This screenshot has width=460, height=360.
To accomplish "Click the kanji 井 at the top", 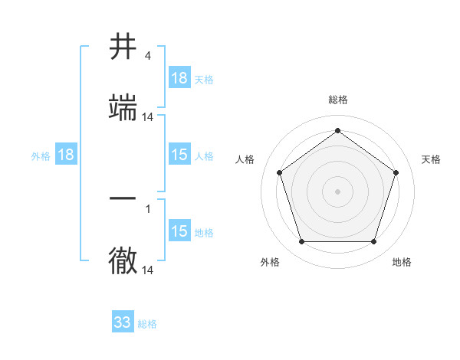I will (124, 47).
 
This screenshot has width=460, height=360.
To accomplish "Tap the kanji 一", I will (124, 198).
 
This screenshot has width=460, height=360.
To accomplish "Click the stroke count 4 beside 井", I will (148, 56).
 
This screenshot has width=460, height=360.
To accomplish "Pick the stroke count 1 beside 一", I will (148, 208).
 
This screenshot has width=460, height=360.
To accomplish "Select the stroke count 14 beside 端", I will (148, 116).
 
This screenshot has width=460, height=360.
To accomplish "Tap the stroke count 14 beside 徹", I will (148, 270).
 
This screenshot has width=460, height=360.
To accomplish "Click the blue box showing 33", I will (123, 322).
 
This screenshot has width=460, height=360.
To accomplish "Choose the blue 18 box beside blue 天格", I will (179, 78).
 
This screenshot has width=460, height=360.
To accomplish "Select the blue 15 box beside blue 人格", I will (179, 155).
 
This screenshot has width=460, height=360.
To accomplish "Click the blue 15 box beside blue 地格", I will (179, 231).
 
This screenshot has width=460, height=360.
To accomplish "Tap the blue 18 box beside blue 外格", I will (66, 155).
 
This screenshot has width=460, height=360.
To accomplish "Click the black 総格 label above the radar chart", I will (338, 100).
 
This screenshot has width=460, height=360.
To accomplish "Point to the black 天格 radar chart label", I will (431, 159).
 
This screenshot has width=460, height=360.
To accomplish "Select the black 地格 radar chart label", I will (402, 262).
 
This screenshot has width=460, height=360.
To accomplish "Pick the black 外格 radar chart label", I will (270, 262).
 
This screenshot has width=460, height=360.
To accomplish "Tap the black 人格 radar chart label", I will (245, 159).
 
